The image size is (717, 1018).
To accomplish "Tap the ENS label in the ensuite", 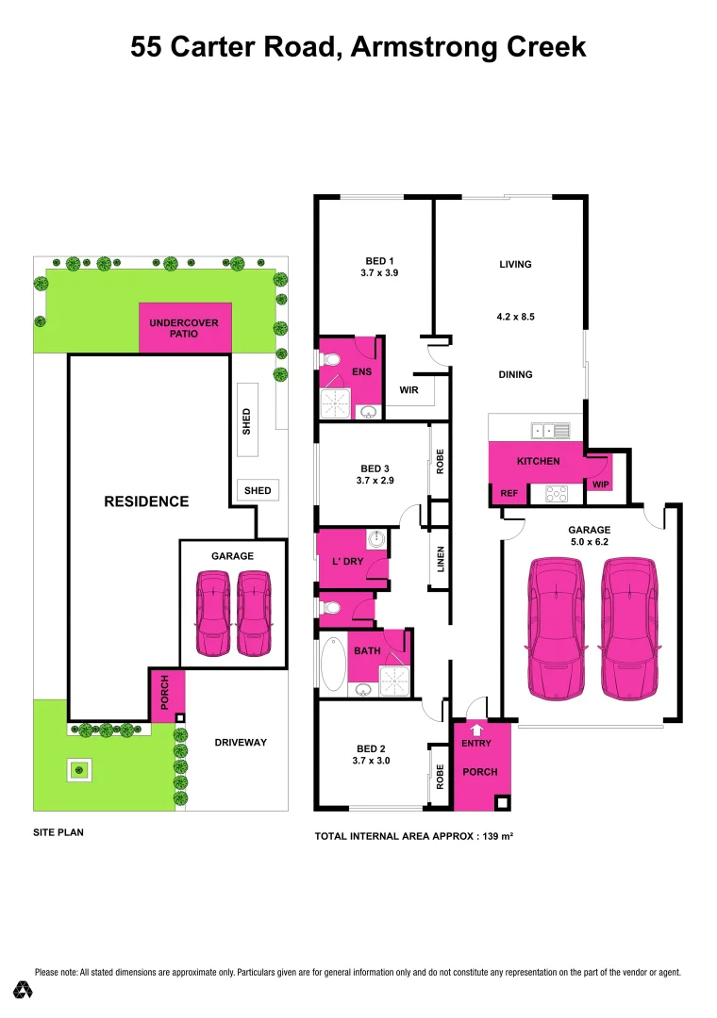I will click(362, 371).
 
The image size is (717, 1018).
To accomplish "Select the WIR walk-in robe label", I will click(409, 388).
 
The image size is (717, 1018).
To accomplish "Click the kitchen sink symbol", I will click(551, 431).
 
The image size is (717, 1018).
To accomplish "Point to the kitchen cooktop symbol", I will click(555, 492).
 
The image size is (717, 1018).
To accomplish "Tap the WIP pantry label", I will click(600, 484).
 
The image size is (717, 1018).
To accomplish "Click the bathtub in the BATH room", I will click(333, 665).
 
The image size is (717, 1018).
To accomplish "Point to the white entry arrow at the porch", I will click(476, 729).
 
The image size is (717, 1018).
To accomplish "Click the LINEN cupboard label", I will click(441, 560).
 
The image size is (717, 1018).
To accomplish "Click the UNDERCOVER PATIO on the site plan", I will click(184, 328).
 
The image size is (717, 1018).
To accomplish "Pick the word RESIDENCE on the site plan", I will click(146, 501).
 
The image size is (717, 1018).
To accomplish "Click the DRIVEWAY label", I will click(241, 743).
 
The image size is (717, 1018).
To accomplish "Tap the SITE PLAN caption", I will click(58, 833).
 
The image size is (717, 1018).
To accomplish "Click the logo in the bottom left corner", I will click(24, 990).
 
